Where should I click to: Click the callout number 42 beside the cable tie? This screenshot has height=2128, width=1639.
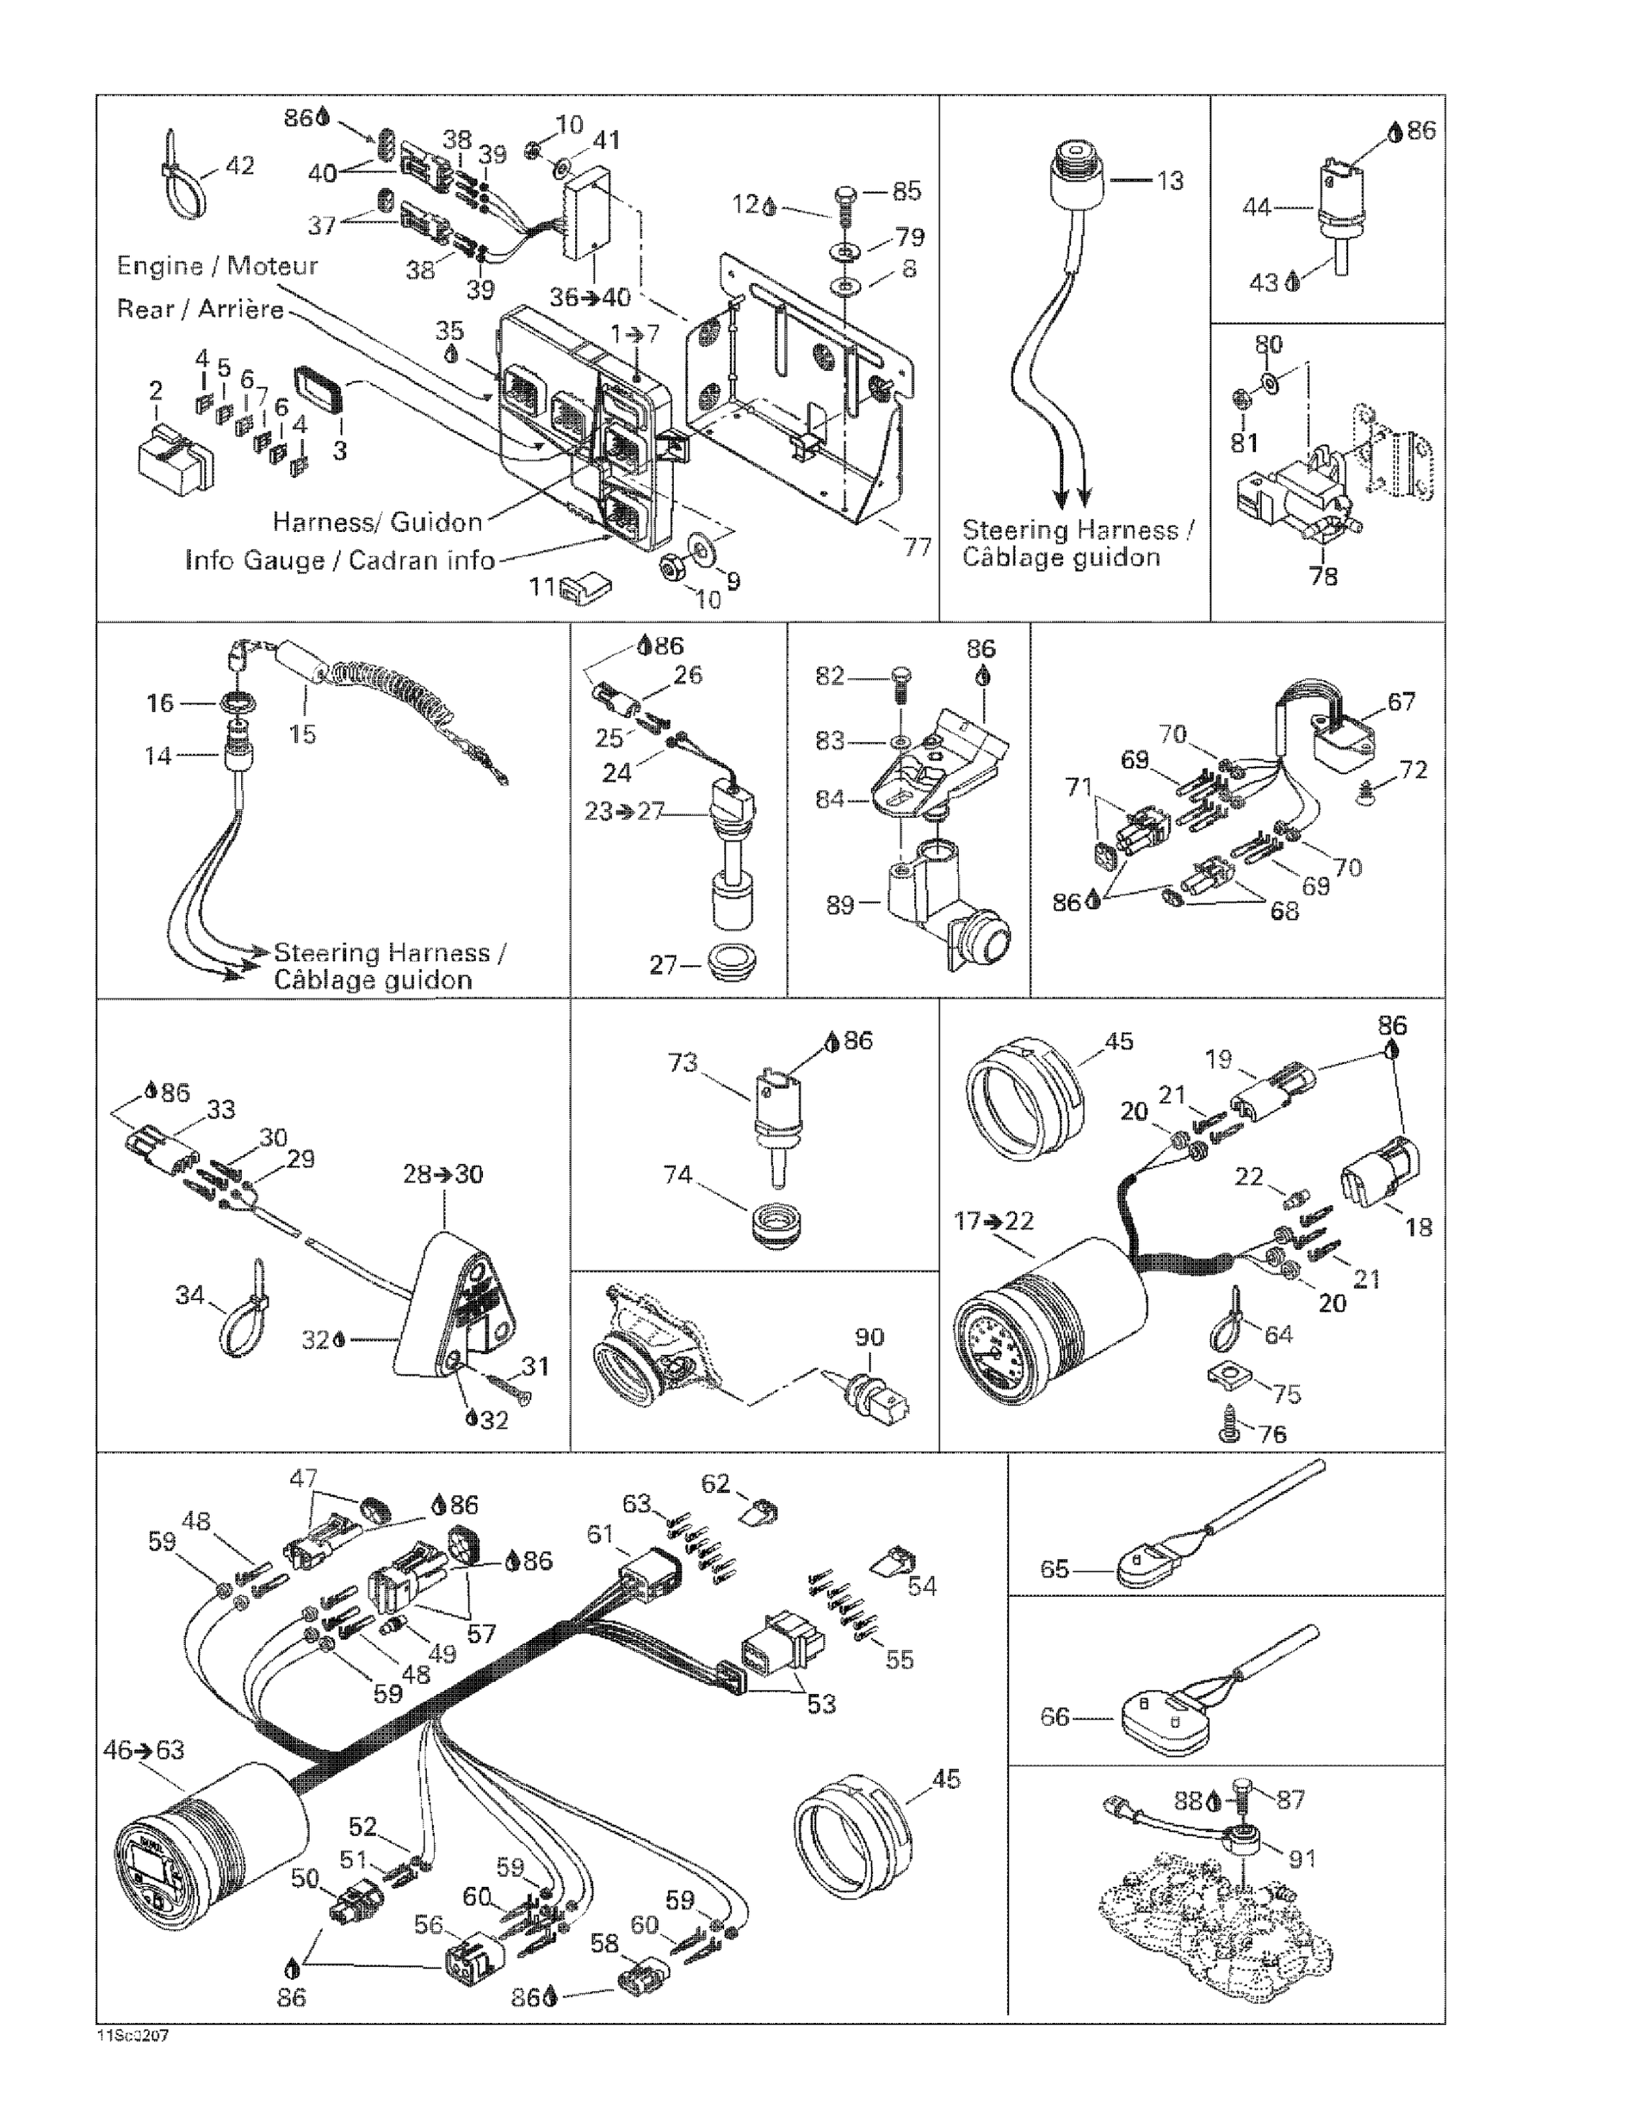(239, 166)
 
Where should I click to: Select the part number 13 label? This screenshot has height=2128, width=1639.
(1169, 181)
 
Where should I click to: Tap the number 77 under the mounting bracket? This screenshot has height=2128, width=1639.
(917, 548)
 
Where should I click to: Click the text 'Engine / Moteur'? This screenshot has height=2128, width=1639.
(216, 266)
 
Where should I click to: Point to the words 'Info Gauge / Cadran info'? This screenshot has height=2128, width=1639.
(339, 561)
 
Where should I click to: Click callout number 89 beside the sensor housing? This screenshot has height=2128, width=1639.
(840, 905)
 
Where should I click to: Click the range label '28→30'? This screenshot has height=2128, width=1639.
(443, 1174)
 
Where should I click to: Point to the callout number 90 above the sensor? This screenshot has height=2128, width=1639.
(869, 1337)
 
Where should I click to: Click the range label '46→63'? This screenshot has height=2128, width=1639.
(143, 1751)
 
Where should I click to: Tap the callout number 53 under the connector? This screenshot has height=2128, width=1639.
(821, 1704)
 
